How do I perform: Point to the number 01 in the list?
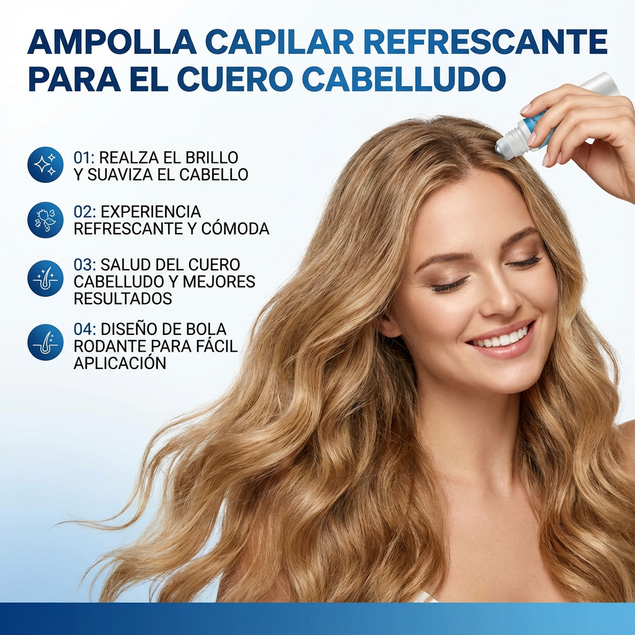(x=82, y=158)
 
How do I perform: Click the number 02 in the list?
(x=83, y=212)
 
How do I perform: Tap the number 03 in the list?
(x=83, y=265)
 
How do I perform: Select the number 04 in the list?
(x=83, y=329)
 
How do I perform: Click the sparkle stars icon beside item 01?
(x=45, y=164)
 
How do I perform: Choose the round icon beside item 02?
(x=45, y=220)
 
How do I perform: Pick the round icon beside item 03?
(x=45, y=278)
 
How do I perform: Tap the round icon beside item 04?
(x=45, y=342)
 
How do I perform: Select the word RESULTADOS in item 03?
(x=123, y=298)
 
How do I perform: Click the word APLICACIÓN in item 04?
(x=120, y=363)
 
